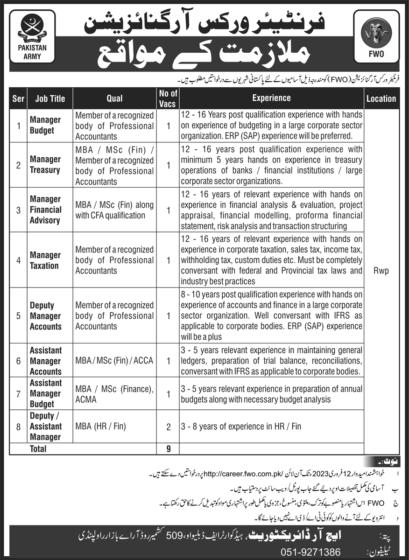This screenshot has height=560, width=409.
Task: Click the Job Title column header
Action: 49,98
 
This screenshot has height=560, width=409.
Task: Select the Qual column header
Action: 114,98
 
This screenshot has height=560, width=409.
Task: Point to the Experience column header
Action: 271,98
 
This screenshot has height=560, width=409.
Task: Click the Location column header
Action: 381,98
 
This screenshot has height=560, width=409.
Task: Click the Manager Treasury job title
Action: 45,165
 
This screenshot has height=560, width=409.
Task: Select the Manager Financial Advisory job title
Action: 45,210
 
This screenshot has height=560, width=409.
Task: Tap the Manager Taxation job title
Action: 45,260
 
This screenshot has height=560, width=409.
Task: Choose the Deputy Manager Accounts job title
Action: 46,316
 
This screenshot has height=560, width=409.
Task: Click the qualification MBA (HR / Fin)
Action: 100,426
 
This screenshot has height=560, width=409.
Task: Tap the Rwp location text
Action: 381,270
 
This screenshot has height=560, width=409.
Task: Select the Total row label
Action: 38,448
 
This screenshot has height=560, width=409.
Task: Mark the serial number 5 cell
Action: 19,316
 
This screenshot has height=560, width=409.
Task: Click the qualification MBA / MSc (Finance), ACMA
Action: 114,393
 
